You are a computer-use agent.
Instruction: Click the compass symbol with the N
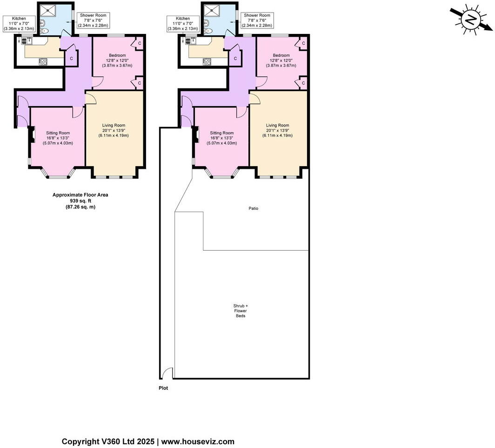471,20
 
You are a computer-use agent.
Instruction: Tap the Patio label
253,208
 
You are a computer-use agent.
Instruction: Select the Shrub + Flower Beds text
240,311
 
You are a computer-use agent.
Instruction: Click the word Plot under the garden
163,388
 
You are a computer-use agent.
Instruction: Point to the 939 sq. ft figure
80,201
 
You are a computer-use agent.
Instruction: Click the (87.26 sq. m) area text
80,207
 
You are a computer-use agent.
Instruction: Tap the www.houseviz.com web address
198,441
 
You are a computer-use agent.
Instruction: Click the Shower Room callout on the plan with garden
257,20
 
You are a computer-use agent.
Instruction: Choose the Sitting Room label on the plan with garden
221,138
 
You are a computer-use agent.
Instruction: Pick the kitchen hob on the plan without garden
44,61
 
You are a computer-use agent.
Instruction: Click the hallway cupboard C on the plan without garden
71,59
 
